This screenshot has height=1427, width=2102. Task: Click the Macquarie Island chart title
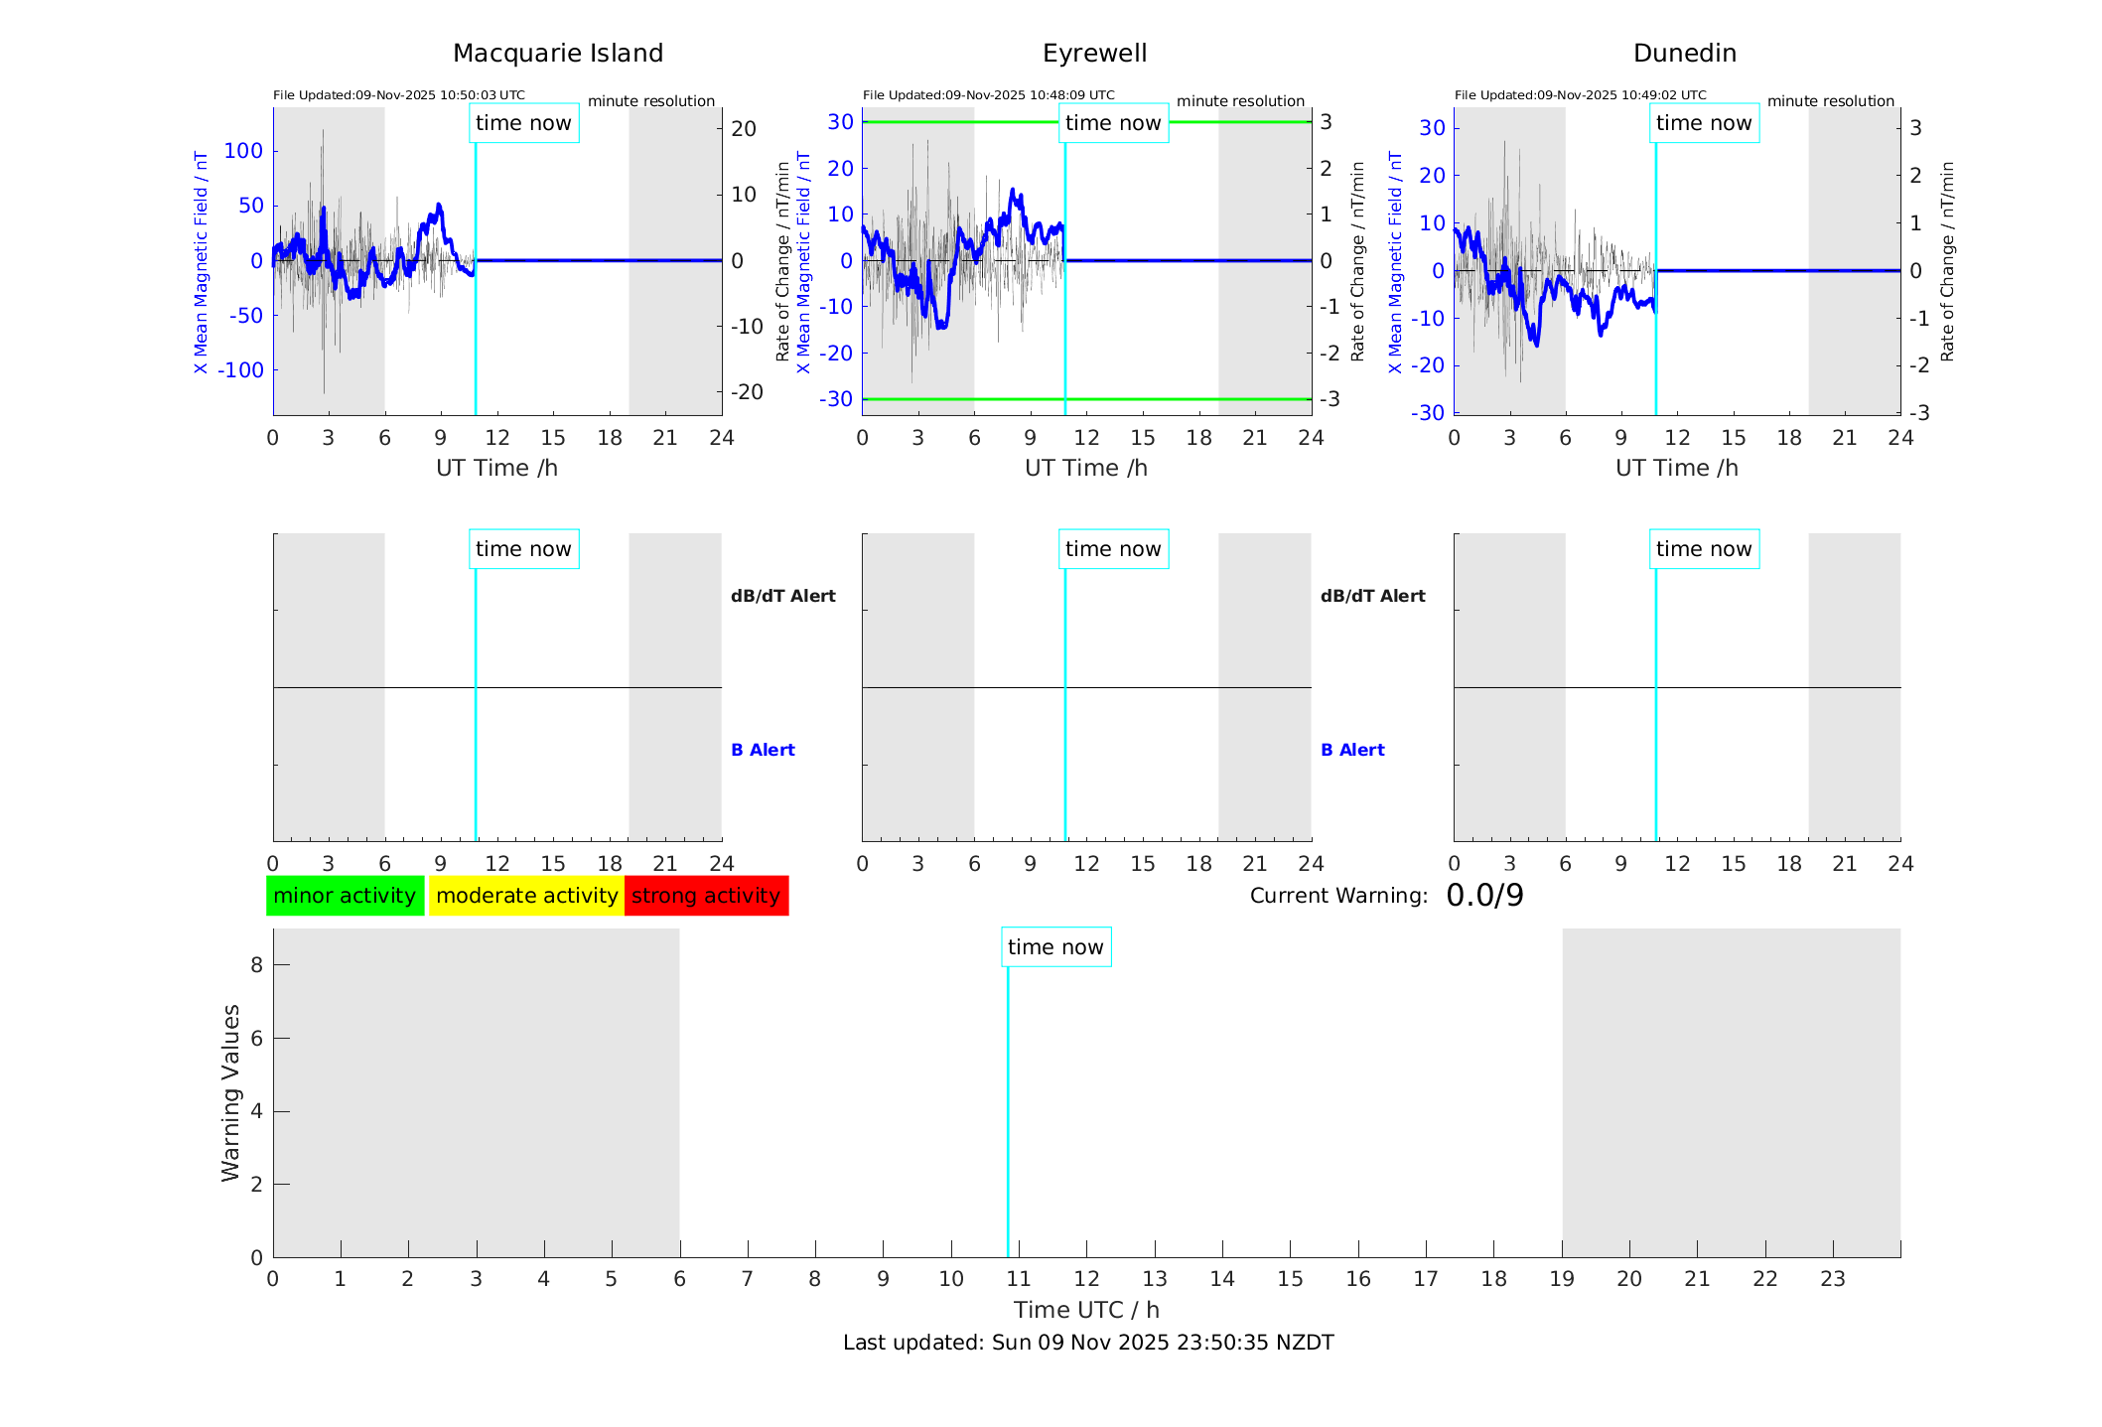557,54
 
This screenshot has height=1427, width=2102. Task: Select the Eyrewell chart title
1094,54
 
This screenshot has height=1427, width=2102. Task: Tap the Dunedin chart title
1684,54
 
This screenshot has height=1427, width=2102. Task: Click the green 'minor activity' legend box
345,896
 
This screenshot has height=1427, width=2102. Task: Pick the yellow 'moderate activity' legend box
526,896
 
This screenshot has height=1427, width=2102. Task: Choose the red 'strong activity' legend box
706,896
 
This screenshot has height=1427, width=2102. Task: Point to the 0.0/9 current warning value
1484,896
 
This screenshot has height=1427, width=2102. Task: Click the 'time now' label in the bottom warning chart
1055,947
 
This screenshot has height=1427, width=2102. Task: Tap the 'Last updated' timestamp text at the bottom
1087,1343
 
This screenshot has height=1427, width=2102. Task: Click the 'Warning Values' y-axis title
231,1092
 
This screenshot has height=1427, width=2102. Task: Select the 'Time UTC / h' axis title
1086,1310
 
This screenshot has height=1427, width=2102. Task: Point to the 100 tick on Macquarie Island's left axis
243,151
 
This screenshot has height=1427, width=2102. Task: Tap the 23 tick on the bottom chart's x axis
1832,1279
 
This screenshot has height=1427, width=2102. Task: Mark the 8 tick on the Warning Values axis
256,964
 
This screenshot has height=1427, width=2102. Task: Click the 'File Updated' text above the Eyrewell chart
988,95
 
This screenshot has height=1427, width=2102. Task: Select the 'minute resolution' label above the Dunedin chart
1830,101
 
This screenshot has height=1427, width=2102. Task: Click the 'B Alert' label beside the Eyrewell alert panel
1352,750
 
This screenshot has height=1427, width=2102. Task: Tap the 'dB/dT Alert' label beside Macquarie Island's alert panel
782,596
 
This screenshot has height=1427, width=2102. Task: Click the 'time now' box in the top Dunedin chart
1704,123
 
